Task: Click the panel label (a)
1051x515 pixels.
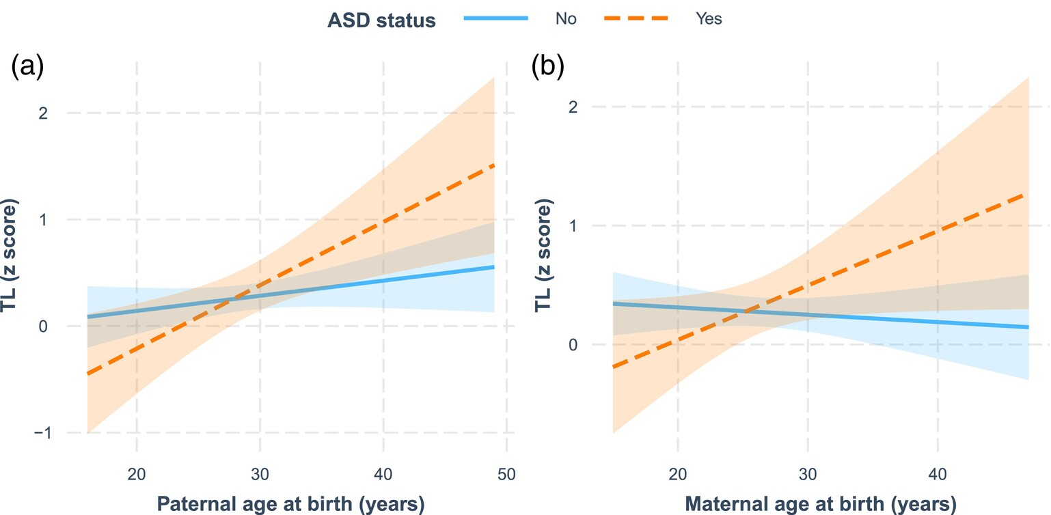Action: [28, 68]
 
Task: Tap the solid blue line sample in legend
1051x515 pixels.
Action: [496, 19]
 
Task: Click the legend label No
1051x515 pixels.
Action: [566, 19]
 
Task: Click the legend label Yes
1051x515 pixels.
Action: [709, 19]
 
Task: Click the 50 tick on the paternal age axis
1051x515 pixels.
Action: [506, 473]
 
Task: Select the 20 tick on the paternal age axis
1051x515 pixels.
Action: [137, 473]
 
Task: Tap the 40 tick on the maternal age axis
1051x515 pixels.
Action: [938, 473]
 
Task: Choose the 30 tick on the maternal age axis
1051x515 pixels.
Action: [808, 473]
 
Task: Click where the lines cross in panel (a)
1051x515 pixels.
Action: [232, 298]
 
